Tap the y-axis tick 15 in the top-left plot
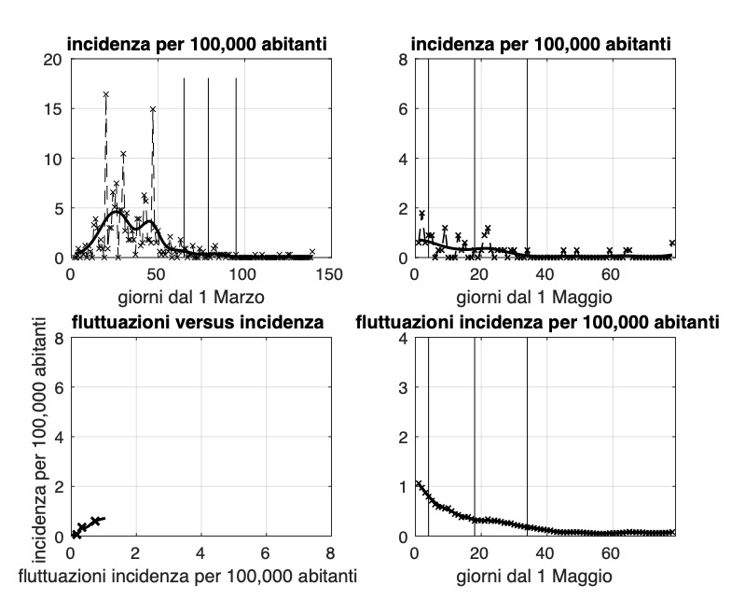pyautogui.click(x=54, y=108)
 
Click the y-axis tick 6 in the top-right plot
pyautogui.click(x=403, y=108)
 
